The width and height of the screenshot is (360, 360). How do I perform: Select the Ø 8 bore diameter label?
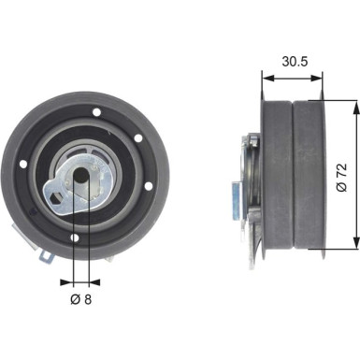pyautogui.click(x=80, y=300)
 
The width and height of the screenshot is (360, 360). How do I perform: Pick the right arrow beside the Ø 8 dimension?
pyautogui.click(x=94, y=279)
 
